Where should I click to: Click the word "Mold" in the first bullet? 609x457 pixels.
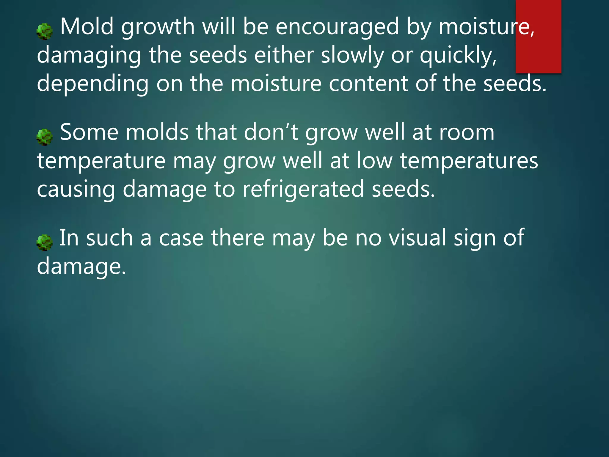click(87, 27)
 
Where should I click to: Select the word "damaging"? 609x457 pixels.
click(89, 56)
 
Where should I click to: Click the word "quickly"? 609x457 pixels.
click(458, 56)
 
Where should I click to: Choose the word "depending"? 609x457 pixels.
click(93, 84)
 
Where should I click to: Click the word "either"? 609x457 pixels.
click(284, 55)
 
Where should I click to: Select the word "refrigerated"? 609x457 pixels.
click(303, 190)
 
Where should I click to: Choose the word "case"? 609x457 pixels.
click(181, 238)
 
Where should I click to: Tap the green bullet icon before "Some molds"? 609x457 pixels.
click(45, 137)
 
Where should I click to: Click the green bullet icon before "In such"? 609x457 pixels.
click(45, 242)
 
